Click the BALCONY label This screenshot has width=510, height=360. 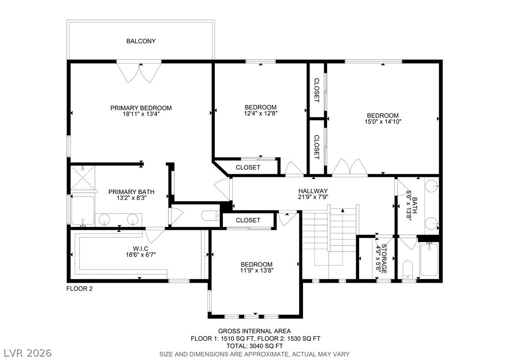pos(141,41)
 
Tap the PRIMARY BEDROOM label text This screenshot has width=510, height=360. pos(141,108)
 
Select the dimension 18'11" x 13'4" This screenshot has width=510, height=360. pos(141,114)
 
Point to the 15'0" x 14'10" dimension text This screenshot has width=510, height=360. pos(383,121)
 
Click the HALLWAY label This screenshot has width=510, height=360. pos(313,191)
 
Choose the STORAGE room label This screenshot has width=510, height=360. pos(384,259)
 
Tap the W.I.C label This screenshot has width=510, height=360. pos(140,249)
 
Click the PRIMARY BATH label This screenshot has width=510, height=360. pos(132,192)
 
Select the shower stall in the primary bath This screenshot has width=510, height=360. pos(83,178)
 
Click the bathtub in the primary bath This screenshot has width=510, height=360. pos(83,211)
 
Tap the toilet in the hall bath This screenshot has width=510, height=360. pos(407,270)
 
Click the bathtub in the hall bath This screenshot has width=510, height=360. pos(429,259)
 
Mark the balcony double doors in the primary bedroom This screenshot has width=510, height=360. pos(139,72)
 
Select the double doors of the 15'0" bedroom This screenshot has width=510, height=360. pos(350,167)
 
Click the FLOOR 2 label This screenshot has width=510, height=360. pos(79,288)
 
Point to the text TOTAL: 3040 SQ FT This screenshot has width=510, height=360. pos(255,346)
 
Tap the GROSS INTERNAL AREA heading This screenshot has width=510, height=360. pos(255,331)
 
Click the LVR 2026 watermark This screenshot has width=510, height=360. pos(28,353)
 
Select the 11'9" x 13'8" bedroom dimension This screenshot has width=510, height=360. pos(256,270)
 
